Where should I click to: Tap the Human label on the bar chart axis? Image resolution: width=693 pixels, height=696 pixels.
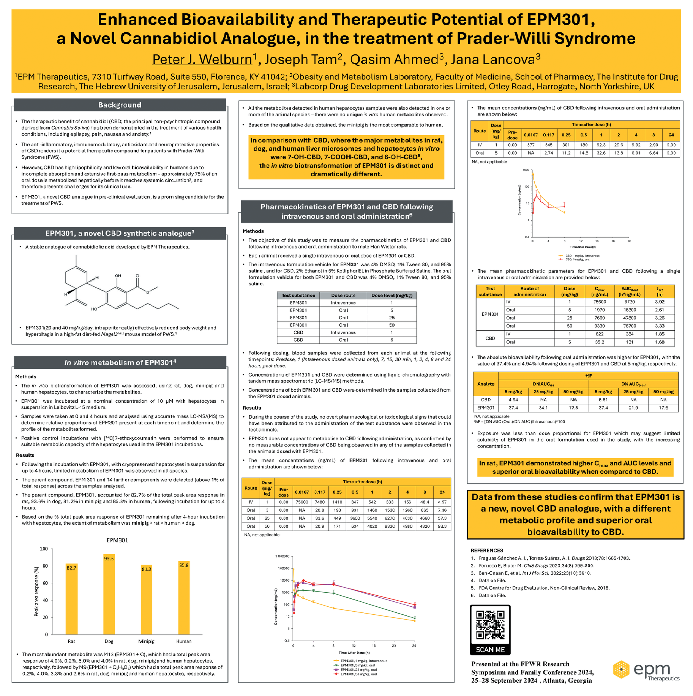coord(184,641)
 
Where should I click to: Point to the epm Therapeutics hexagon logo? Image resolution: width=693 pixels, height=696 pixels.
coord(621,669)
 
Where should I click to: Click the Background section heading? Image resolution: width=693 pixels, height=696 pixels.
coord(120,105)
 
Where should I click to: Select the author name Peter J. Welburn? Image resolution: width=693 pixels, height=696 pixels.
coord(202,60)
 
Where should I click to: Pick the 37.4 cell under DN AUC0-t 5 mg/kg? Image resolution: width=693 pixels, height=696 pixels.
coord(513,408)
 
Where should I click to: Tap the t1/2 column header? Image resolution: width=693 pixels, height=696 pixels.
coord(660,291)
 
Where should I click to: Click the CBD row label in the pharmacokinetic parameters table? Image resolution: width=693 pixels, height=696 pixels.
coord(490,338)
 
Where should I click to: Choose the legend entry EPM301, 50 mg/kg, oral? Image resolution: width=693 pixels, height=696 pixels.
coord(358,674)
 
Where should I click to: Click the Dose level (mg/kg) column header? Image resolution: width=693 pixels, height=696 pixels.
coord(391,296)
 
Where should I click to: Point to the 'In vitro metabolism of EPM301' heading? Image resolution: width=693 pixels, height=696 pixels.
coord(120,363)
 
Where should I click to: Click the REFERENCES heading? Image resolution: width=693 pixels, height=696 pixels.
coord(487,550)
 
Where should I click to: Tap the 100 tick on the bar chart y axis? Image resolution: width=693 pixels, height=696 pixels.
coord(44,549)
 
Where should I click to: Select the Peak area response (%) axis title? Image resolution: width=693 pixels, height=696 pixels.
coord(36,592)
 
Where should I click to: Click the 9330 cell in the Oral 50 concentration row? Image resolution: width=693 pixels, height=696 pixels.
coord(390,526)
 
